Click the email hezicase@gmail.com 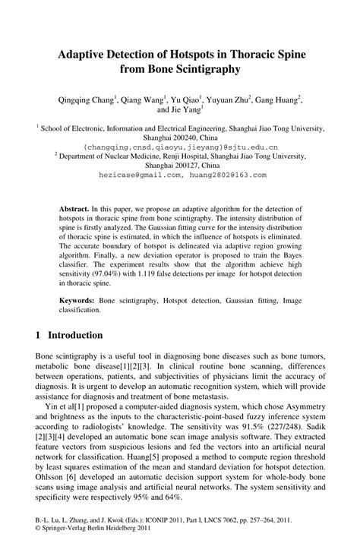coord(142,174)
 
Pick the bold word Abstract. coord(74,207)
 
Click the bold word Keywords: coord(81,301)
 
